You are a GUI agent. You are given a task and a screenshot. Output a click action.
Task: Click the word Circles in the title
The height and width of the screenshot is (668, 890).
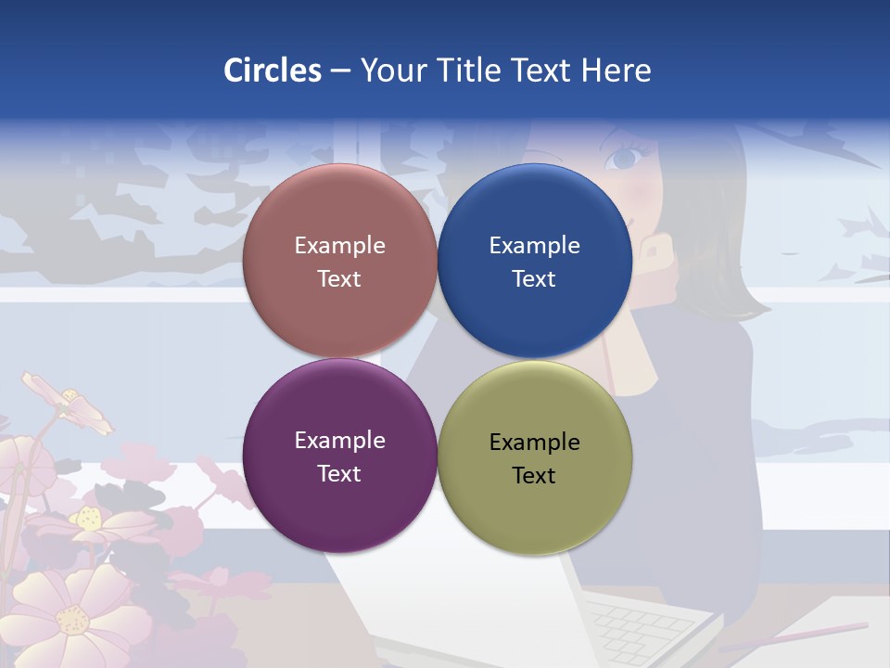pos(272,71)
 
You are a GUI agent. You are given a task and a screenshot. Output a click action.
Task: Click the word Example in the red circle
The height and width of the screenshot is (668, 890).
pos(339,246)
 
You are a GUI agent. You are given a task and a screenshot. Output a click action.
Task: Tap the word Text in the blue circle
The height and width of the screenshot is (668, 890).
pos(534,278)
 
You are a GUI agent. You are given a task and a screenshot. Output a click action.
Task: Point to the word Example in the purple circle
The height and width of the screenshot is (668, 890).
pos(339,441)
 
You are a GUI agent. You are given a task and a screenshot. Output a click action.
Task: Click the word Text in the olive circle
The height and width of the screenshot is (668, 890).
pos(534,475)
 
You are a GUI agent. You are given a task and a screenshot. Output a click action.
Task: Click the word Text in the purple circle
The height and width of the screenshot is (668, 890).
pos(339,473)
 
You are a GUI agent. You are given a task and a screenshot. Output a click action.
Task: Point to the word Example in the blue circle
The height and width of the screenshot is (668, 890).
pos(534,246)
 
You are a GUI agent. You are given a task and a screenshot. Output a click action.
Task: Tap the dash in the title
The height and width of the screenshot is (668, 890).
pos(340,71)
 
